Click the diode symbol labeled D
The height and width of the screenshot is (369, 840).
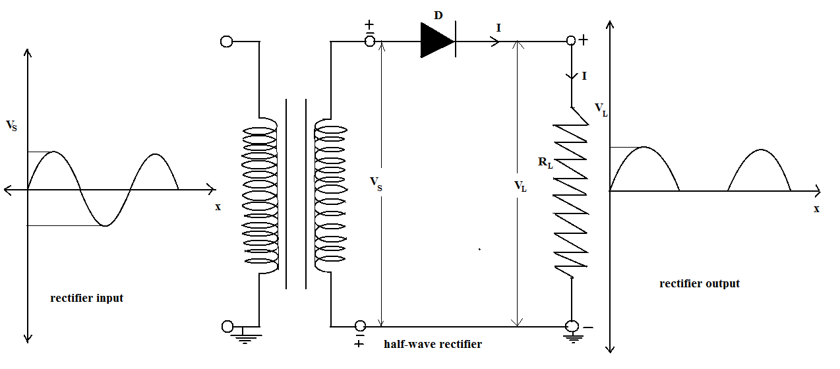(x=438, y=40)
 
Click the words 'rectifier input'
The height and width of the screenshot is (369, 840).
(x=86, y=298)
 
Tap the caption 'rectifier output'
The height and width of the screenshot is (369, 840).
(x=700, y=283)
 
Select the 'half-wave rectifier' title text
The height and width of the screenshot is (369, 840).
(x=433, y=344)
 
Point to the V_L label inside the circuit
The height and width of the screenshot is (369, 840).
(x=521, y=186)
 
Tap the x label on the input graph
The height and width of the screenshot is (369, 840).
(x=218, y=206)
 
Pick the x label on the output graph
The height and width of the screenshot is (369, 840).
(x=816, y=208)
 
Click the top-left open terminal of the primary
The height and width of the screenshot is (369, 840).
(x=226, y=42)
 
